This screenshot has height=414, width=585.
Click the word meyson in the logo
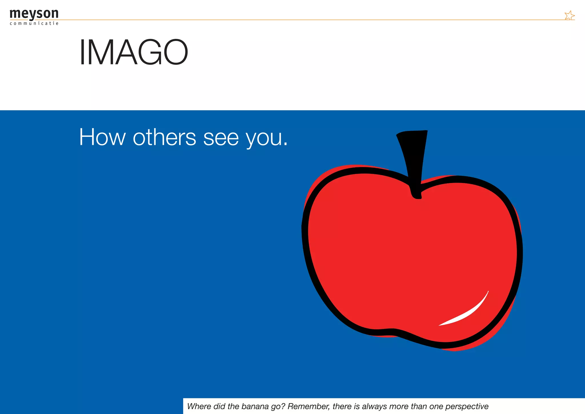tap(34, 14)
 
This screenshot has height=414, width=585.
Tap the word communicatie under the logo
tap(34, 23)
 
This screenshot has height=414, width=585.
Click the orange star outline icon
tap(569, 15)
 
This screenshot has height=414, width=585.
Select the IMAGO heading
tap(133, 52)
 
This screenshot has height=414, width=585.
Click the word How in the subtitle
tap(102, 137)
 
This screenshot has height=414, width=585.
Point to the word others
tap(164, 137)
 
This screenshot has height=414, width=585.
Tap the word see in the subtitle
tap(221, 138)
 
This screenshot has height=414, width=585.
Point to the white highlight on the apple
tap(468, 312)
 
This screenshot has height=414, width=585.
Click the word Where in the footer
tap(199, 406)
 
